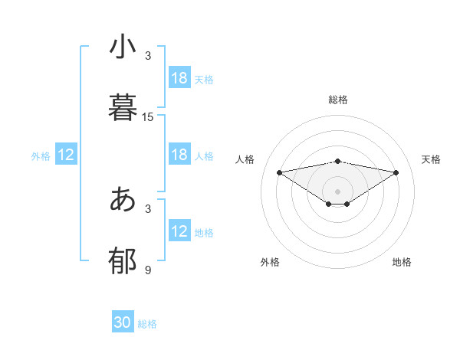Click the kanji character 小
123,47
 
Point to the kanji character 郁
123,260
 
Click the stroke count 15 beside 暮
148,117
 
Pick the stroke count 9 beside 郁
148,270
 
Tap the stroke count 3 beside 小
148,56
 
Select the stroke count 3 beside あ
148,208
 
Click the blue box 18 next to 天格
179,78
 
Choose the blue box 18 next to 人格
179,155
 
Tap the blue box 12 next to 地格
179,231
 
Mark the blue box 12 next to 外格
66,155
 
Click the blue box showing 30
123,322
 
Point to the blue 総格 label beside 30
147,324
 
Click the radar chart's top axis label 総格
338,100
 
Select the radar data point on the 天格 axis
396,172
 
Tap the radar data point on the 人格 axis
280,172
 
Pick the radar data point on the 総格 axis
338,162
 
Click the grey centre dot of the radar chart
338,191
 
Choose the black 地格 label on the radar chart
402,262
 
